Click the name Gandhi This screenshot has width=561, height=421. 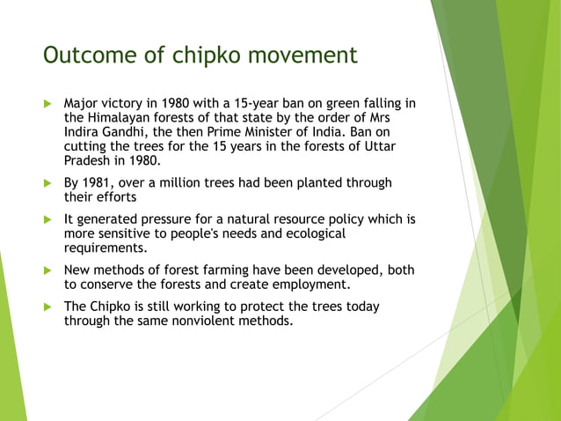point(135,132)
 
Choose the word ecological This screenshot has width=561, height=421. point(309,233)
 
